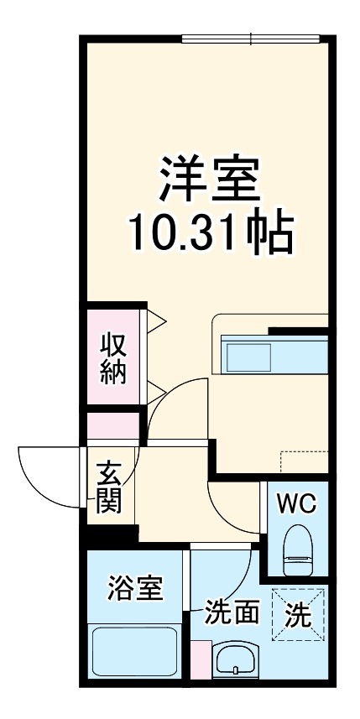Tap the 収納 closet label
[114, 359]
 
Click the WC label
[296, 504]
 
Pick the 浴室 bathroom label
[134, 590]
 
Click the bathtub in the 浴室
[135, 655]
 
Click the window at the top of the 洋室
[251, 38]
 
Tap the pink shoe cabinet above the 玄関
[114, 425]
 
